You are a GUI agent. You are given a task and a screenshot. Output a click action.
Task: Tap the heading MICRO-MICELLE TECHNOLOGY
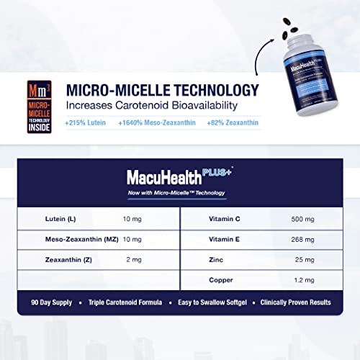point(162,91)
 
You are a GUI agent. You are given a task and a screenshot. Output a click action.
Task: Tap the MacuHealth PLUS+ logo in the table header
point(180,176)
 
